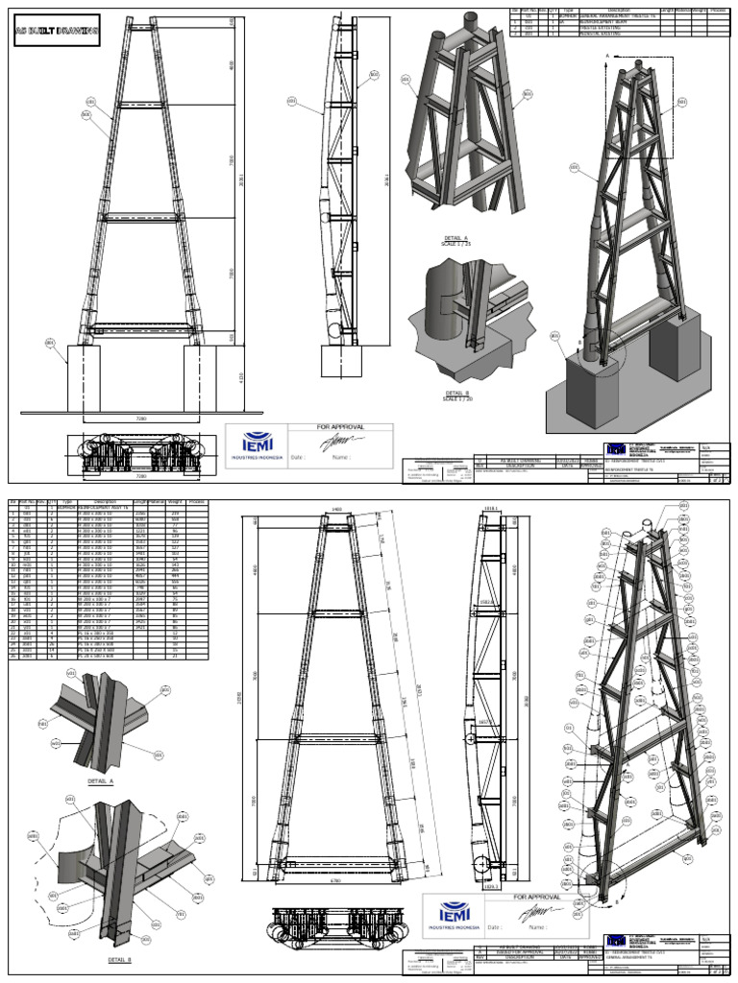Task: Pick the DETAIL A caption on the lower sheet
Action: click(x=99, y=782)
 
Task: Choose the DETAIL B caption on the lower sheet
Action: click(x=120, y=959)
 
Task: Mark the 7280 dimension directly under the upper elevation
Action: click(x=141, y=420)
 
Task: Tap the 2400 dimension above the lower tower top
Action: click(x=336, y=510)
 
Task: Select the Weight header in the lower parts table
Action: click(x=175, y=501)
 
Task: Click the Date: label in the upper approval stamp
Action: click(x=297, y=458)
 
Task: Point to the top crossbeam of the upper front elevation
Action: click(x=141, y=31)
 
